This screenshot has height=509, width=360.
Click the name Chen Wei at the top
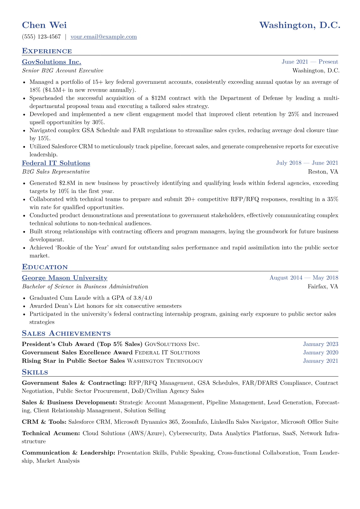[x=44, y=25]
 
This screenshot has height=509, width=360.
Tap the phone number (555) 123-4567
[x=41, y=37]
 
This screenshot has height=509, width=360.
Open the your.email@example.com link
[x=103, y=37]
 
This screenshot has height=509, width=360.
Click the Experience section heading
[x=47, y=51]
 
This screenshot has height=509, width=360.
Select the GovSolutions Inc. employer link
[x=51, y=62]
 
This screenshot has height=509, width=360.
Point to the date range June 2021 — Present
[x=309, y=62]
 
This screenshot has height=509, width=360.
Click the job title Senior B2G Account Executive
[x=63, y=71]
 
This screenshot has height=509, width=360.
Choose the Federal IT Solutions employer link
[x=56, y=163]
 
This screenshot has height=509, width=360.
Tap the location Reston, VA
[x=323, y=172]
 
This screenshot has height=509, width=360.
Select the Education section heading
[x=45, y=267]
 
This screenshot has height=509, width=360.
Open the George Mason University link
[x=64, y=278]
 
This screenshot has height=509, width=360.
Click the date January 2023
[x=320, y=344]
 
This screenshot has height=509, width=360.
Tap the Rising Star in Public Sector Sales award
[x=73, y=361]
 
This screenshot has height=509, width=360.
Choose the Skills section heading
[x=35, y=372]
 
